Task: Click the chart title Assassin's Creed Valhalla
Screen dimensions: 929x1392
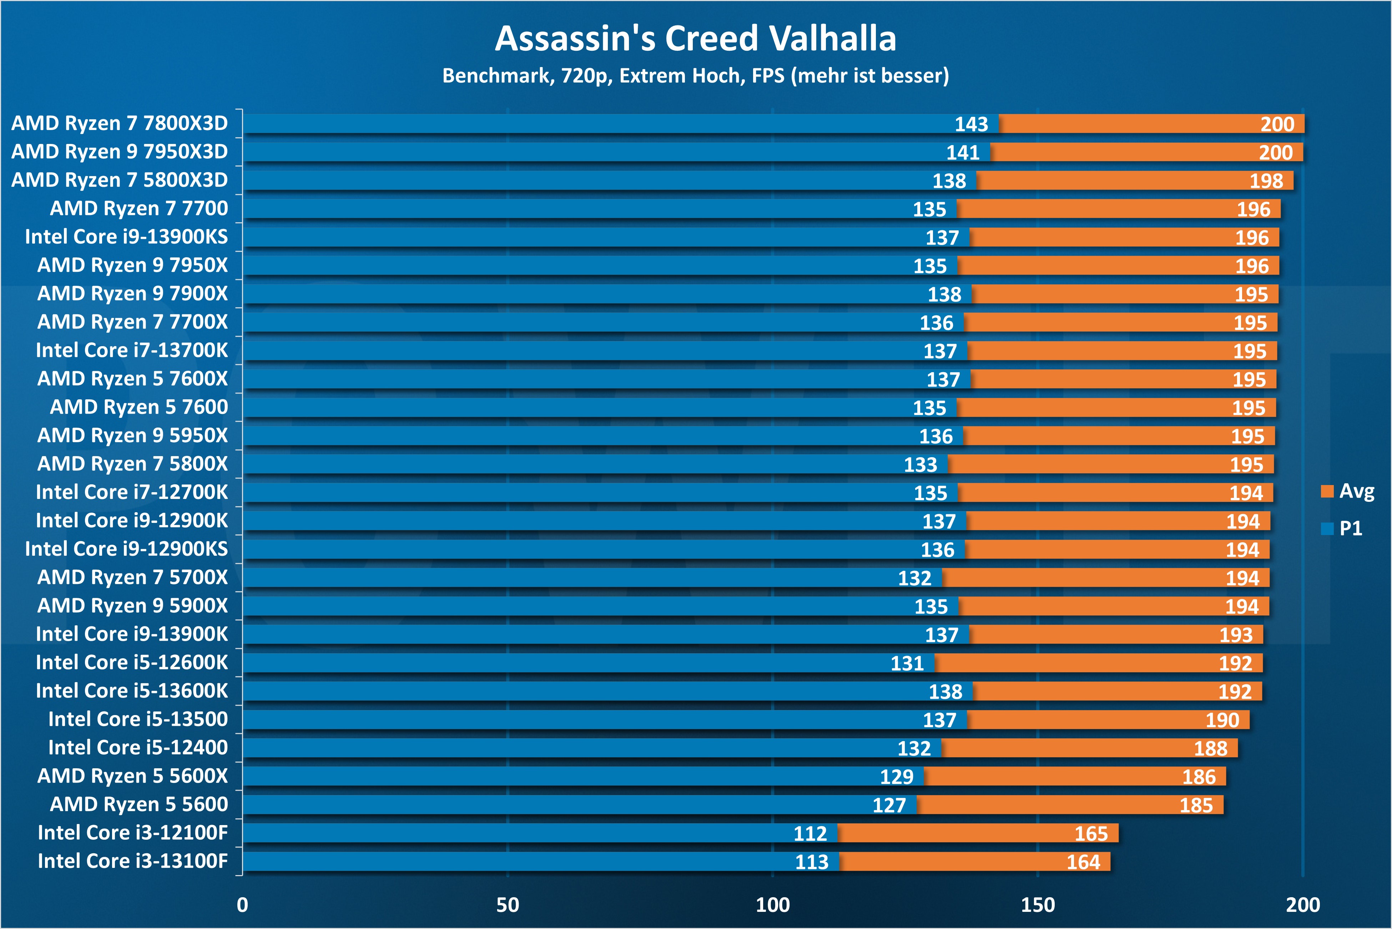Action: pyautogui.click(x=695, y=39)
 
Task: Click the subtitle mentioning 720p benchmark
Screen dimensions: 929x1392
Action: pyautogui.click(x=695, y=76)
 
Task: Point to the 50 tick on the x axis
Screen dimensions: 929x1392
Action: pyautogui.click(x=508, y=905)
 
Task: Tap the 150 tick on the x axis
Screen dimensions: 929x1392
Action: pyautogui.click(x=1037, y=905)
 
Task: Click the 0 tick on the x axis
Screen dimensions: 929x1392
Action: pyautogui.click(x=242, y=905)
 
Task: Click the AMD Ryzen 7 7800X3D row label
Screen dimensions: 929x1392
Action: pyautogui.click(x=120, y=123)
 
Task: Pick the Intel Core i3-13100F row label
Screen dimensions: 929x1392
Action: pyautogui.click(x=133, y=861)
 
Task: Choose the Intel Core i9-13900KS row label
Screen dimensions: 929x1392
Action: pyautogui.click(x=126, y=237)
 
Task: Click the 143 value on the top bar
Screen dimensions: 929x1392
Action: pyautogui.click(x=971, y=124)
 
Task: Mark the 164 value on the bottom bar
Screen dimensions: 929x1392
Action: pyautogui.click(x=1083, y=862)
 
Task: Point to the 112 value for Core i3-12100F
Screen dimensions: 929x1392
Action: pyautogui.click(x=810, y=834)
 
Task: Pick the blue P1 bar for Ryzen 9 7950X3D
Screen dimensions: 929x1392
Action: pyautogui.click(x=592, y=152)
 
